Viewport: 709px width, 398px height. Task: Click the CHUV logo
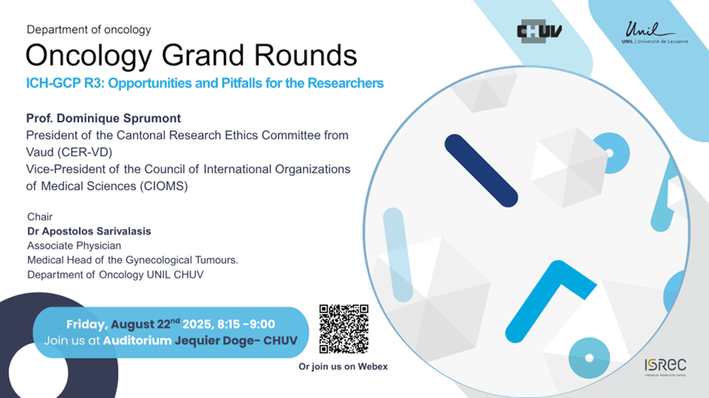539,31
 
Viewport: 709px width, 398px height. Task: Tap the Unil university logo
654,32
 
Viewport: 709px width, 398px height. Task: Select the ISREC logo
665,367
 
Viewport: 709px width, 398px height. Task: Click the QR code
344,329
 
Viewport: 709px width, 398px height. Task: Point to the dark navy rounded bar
481,171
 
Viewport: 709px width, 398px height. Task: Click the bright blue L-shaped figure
550,301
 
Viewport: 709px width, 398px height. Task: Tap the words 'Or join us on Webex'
343,366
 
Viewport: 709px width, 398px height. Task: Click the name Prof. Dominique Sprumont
103,119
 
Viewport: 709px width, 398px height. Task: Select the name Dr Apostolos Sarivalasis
89,231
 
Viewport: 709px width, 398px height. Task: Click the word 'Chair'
40,217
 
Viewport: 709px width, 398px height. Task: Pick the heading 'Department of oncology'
89,30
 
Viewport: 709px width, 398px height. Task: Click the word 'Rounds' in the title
305,55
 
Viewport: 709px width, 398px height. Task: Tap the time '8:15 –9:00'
246,324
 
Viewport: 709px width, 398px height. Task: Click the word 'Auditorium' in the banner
137,340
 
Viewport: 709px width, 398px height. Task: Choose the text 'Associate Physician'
74,246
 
